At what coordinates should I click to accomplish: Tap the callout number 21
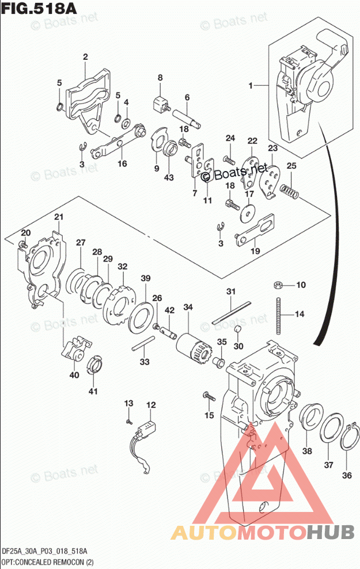pos(58,217)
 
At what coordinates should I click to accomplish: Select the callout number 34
pos(188,308)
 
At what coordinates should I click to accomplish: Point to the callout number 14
pos(299,314)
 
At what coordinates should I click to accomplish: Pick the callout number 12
pos(150,405)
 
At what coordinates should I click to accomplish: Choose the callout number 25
pos(291,166)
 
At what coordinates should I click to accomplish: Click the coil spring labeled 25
pos(289,192)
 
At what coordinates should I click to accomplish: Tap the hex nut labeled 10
pos(277,284)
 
